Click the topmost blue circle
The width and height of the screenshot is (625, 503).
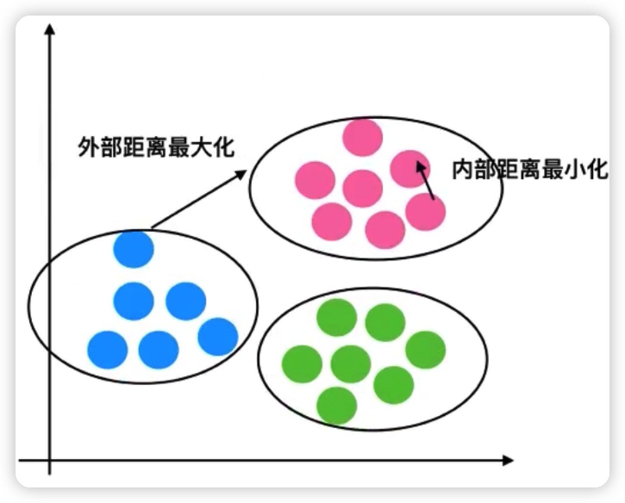point(134,249)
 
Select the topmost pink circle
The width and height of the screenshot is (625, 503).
point(362,137)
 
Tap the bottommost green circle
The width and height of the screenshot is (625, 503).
point(337,405)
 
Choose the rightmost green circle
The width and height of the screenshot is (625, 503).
point(425,350)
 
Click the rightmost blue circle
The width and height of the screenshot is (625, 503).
point(218,336)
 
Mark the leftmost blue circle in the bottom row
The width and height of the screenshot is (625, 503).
point(107,350)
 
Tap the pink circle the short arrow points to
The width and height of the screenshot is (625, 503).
point(410,168)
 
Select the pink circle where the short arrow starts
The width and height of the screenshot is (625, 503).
point(425,211)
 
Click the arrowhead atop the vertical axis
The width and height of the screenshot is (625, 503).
point(50,29)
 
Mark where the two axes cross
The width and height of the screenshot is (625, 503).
point(50,461)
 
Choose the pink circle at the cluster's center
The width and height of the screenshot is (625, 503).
point(362,189)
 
